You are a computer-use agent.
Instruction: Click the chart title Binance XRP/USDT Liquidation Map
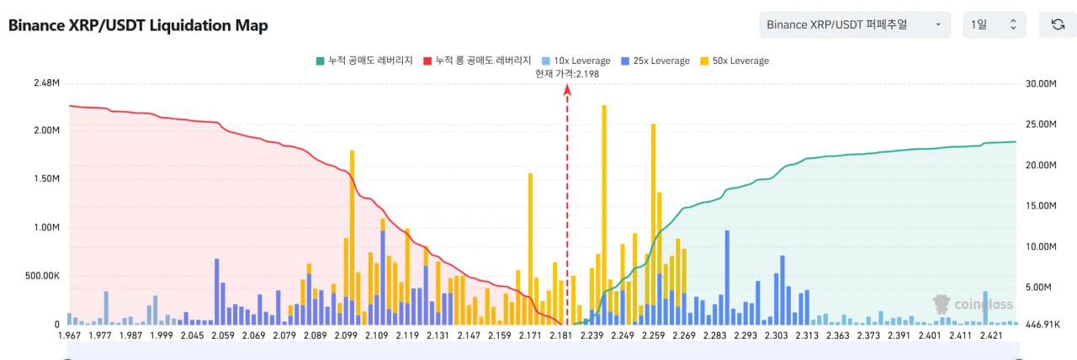coord(138,25)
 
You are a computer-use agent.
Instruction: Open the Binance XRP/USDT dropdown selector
coord(855,24)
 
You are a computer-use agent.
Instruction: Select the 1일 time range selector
coord(994,24)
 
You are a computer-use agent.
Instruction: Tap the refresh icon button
coord(1058,24)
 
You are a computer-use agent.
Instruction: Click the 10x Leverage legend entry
coord(577,61)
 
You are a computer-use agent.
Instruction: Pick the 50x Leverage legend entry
coord(734,61)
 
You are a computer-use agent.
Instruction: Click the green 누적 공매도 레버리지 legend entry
coord(364,61)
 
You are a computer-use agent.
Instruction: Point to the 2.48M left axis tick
coord(45,84)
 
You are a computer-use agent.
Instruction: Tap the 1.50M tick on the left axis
coord(45,179)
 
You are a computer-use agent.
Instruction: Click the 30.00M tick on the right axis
coord(1040,84)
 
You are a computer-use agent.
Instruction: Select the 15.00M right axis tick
coord(1040,206)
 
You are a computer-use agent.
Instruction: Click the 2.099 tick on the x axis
coord(346,336)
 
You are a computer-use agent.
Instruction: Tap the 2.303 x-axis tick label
coord(776,336)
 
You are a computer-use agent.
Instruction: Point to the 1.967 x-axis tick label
coord(71,336)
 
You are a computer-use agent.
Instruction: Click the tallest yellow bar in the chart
coord(604,210)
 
